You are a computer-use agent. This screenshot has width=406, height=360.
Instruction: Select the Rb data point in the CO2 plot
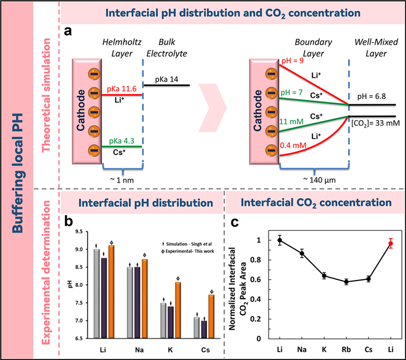329,282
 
